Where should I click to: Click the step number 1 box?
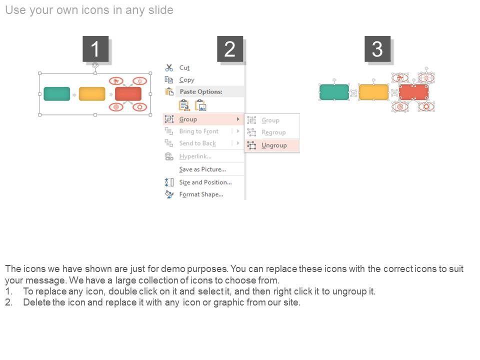coord(95,49)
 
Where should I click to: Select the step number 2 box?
coord(230,49)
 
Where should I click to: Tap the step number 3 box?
coord(377,49)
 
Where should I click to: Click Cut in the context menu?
coord(184,67)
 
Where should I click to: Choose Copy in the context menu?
coord(186,80)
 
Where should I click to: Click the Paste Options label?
coord(201,91)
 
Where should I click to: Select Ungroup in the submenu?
coord(274,145)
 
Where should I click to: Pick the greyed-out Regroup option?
coord(273,132)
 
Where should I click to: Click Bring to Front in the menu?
coord(199,131)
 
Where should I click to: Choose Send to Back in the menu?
coord(197,143)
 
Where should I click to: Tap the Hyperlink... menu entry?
coord(195,156)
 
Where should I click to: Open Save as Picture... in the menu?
coord(202,169)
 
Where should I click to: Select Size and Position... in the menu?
coord(205,182)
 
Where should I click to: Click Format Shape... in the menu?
coord(201,194)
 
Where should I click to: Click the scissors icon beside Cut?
coord(169,67)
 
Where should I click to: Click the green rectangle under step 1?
coord(57,93)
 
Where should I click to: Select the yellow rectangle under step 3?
coord(373,92)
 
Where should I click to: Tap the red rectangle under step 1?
coord(128,93)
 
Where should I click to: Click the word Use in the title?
coord(15,10)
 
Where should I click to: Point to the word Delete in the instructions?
coord(36,302)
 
